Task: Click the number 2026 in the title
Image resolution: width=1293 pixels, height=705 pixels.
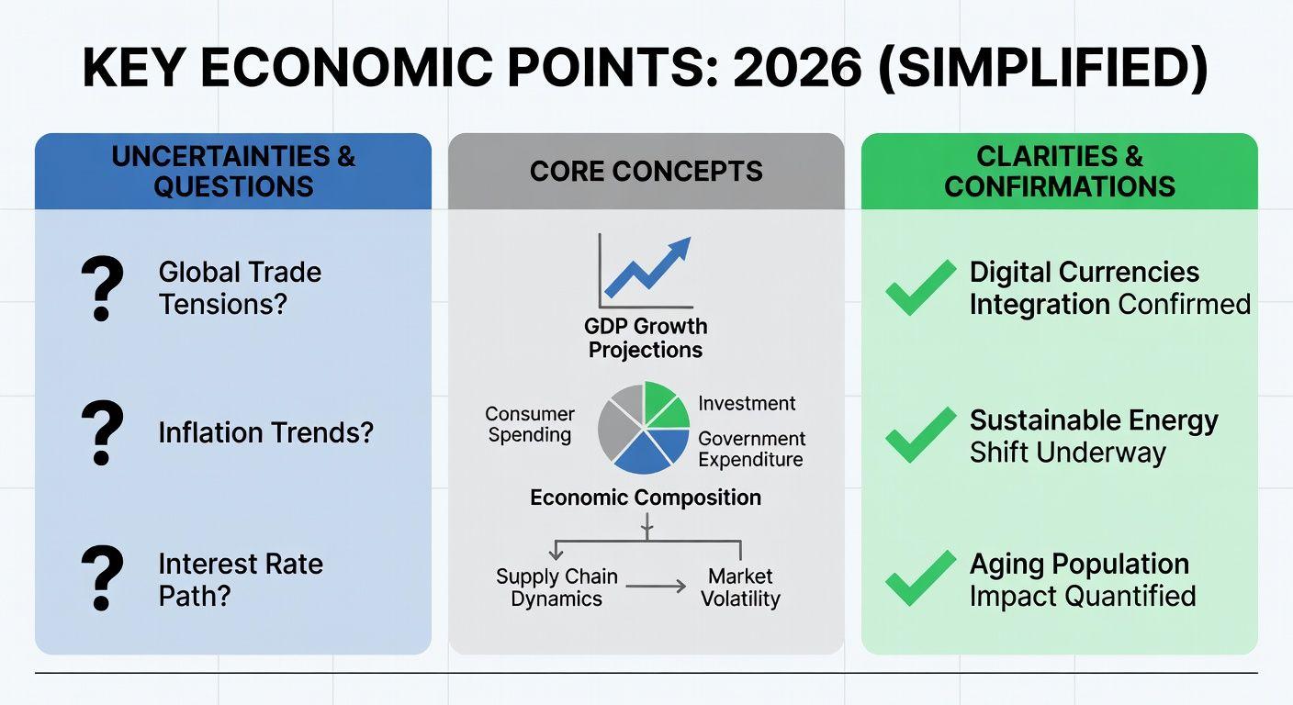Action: point(797,68)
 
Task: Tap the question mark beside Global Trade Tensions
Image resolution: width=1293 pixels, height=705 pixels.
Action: point(103,288)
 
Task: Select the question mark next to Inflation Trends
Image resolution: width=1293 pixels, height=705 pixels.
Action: point(103,432)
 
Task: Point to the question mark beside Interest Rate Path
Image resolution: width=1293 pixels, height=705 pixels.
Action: point(103,578)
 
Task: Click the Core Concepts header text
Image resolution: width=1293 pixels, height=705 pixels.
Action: point(646,172)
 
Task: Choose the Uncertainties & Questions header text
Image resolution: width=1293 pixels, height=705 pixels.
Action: point(233,172)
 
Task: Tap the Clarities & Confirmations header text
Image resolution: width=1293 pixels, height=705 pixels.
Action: point(1059,172)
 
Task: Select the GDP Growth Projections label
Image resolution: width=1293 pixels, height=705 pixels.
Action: point(646,338)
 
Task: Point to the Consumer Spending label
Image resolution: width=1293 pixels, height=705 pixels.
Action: point(529,424)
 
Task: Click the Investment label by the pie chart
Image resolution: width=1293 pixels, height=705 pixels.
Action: point(747,403)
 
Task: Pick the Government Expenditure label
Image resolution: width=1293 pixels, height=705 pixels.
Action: point(751,449)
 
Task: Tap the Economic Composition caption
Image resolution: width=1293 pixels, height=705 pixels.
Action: point(646,498)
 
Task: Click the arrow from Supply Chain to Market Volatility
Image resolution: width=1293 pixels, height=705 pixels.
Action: point(656,587)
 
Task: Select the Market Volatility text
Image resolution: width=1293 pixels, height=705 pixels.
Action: point(740,587)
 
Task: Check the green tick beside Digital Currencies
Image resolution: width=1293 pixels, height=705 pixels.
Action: point(921,287)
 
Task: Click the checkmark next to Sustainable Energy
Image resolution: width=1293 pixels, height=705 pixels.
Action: point(921,435)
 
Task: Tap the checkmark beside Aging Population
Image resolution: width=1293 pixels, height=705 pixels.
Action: point(921,578)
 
